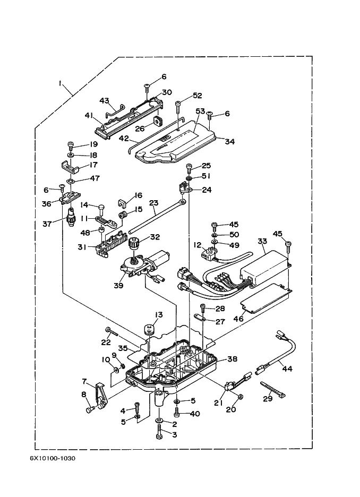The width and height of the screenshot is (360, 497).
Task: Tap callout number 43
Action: point(104,100)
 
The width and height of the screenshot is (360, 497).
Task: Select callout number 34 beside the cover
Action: point(229,141)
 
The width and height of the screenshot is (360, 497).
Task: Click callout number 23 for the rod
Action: point(153,202)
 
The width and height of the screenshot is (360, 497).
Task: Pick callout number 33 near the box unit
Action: point(261,242)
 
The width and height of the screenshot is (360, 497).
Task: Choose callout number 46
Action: point(239,319)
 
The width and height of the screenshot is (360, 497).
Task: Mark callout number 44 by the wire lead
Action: point(287,369)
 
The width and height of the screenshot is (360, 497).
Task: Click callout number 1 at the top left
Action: point(61,83)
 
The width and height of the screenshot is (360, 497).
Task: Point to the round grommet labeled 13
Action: point(149,328)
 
